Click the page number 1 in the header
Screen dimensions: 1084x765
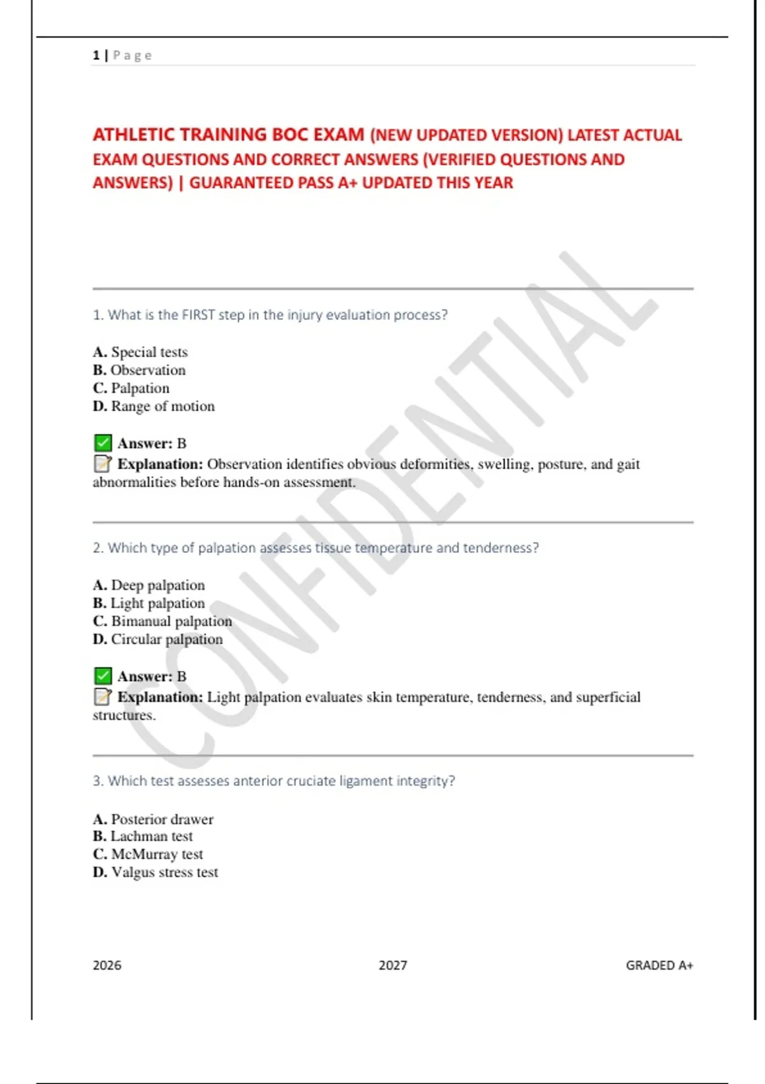click(x=96, y=55)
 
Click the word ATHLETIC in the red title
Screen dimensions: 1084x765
click(x=135, y=135)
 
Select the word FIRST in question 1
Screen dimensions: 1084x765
click(x=198, y=315)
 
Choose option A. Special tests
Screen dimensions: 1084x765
click(x=140, y=352)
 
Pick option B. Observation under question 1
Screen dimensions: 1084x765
click(x=139, y=370)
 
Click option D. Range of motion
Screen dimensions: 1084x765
click(x=154, y=406)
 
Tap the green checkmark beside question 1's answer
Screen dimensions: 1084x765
click(x=102, y=443)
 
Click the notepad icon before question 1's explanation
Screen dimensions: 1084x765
click(x=102, y=464)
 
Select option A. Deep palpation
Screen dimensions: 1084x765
click(x=149, y=585)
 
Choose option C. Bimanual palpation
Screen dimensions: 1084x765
click(x=162, y=621)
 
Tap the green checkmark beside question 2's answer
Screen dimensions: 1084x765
click(x=102, y=676)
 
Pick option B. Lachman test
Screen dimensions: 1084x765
click(x=143, y=836)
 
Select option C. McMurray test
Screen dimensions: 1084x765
click(x=148, y=854)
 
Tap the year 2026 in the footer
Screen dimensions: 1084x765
click(x=106, y=965)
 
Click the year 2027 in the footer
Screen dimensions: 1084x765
click(x=393, y=965)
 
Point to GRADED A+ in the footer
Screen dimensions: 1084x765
click(x=659, y=965)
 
